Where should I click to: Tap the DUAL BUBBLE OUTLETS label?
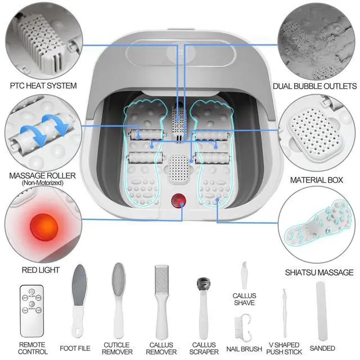[x=315, y=87]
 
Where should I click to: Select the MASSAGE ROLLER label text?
[x=43, y=175]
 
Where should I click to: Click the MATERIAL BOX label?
[x=316, y=181]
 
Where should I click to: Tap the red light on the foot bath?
[x=179, y=199]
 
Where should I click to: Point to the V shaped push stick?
[x=285, y=313]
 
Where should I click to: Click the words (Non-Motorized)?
[x=43, y=183]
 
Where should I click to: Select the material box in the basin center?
[x=179, y=169]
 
